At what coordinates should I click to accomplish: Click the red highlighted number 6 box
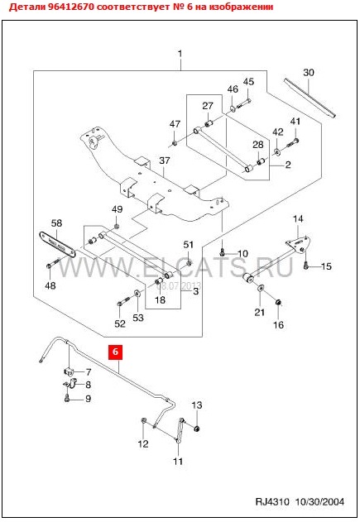[115, 352]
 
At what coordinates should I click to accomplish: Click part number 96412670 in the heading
[71, 7]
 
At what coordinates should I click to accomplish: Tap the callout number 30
[309, 72]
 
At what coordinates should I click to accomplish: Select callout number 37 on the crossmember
[165, 160]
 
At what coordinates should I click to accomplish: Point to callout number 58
[56, 223]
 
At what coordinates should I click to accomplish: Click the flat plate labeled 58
[56, 244]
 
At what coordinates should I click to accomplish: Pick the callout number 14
[298, 218]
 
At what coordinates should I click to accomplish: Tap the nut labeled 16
[278, 302]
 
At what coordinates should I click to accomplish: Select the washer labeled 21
[261, 288]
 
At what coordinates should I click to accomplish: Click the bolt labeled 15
[306, 266]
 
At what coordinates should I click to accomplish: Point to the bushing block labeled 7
[69, 371]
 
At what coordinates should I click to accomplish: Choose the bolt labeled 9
[67, 397]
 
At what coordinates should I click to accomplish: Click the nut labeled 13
[197, 428]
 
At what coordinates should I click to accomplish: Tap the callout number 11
[178, 461]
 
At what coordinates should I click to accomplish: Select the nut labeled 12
[143, 420]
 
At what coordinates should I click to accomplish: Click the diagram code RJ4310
[272, 501]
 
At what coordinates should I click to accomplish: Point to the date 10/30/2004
[319, 501]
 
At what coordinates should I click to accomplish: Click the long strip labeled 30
[310, 98]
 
